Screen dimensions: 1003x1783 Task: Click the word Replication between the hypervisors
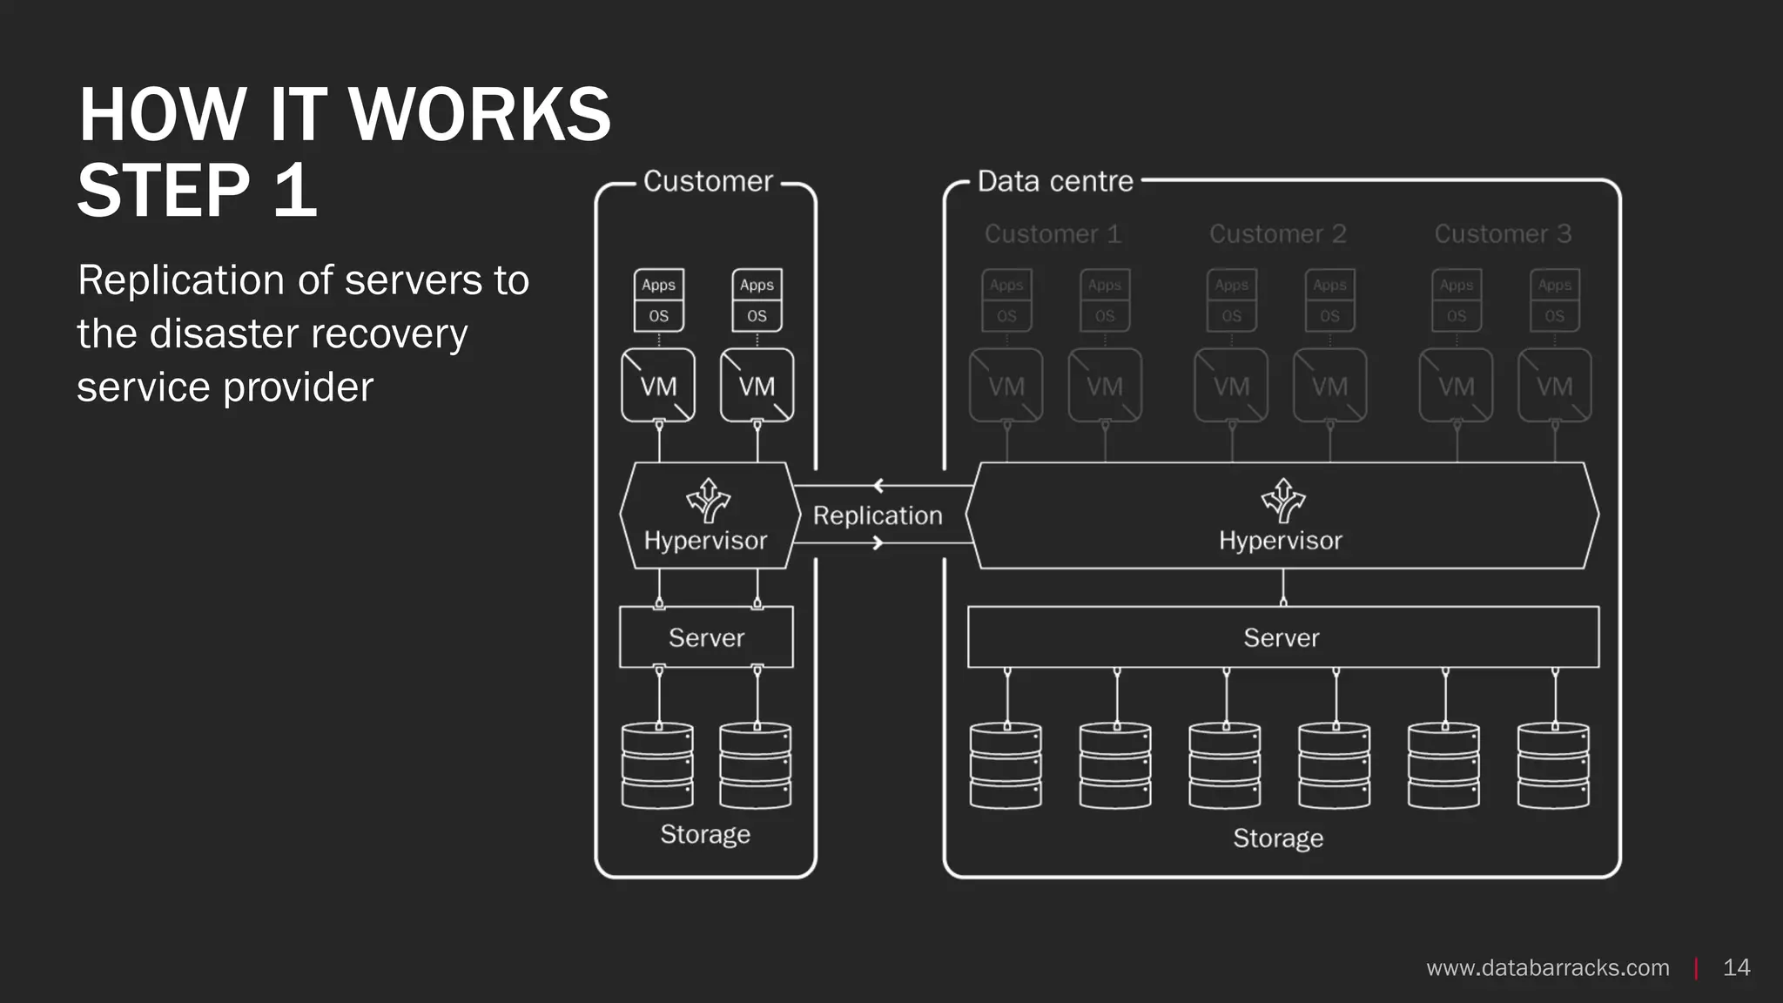[878, 515]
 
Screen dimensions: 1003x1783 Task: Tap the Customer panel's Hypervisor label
[705, 541]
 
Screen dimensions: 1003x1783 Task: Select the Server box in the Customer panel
[706, 637]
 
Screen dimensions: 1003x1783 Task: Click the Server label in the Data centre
[1281, 637]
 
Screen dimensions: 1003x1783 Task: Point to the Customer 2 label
[1277, 234]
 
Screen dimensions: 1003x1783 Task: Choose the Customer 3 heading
[1503, 234]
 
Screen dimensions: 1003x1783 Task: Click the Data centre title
[1055, 181]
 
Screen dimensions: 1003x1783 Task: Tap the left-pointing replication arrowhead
[878, 486]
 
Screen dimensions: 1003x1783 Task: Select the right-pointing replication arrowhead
[878, 543]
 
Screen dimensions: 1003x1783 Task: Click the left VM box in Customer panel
[658, 386]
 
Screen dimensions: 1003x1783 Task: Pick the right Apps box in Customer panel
[757, 285]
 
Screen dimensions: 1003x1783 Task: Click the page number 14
[1736, 967]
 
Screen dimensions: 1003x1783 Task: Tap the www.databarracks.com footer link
[1547, 967]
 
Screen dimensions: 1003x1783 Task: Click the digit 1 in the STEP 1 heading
[294, 191]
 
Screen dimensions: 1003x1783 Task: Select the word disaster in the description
[224, 333]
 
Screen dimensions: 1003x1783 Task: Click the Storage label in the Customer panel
[705, 834]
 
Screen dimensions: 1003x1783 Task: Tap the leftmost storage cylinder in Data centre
[1006, 765]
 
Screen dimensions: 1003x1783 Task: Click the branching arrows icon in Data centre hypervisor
[1282, 500]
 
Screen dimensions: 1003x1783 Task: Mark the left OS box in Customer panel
[658, 316]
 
